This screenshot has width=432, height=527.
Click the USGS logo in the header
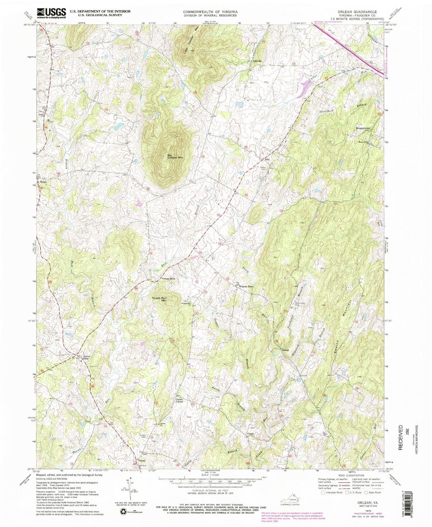[51, 13]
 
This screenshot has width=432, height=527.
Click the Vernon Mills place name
[168, 278]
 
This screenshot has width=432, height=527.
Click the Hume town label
[44, 182]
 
